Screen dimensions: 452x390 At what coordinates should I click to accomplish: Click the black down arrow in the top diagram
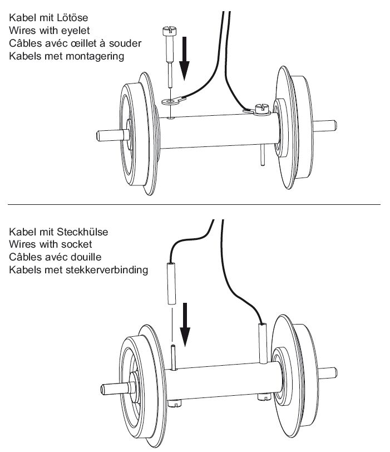coord(186,67)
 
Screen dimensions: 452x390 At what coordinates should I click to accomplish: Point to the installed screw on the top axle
coord(261,109)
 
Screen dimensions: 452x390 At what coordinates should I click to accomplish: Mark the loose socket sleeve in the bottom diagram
coord(172,283)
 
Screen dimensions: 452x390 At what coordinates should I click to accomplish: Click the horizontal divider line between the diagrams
coord(195,205)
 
